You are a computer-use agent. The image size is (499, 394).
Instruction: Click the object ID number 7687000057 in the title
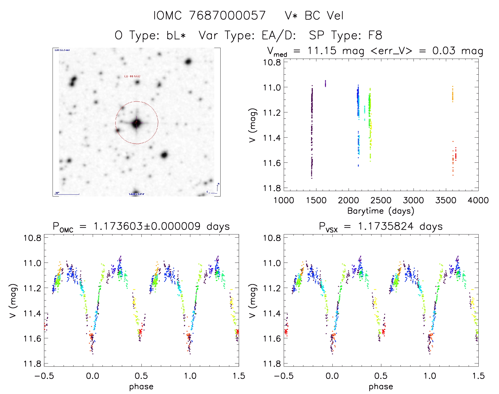(227, 16)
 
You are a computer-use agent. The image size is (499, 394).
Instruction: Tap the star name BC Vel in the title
(324, 16)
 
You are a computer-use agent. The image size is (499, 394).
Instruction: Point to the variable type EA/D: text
(279, 35)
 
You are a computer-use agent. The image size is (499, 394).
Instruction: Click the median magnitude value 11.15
(322, 51)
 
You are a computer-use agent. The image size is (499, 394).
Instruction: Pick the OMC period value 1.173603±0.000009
(147, 226)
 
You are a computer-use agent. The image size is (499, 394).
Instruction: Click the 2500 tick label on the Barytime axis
(381, 200)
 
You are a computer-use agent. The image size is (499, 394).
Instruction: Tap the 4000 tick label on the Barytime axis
(478, 200)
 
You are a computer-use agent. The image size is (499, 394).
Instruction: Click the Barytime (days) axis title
(381, 211)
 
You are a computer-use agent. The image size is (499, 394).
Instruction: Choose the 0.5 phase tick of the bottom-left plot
(141, 376)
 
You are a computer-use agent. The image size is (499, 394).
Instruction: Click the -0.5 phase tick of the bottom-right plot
(283, 376)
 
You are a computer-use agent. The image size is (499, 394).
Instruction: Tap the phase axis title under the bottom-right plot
(381, 387)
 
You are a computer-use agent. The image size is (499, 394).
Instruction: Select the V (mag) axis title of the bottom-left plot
(13, 301)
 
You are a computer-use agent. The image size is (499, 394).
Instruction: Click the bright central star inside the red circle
(137, 123)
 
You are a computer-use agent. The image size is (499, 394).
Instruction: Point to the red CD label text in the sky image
(132, 76)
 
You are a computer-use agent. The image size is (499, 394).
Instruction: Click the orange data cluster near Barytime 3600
(453, 95)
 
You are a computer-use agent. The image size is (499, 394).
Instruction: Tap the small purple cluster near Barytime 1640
(325, 83)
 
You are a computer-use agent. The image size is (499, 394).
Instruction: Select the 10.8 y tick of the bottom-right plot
(272, 238)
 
